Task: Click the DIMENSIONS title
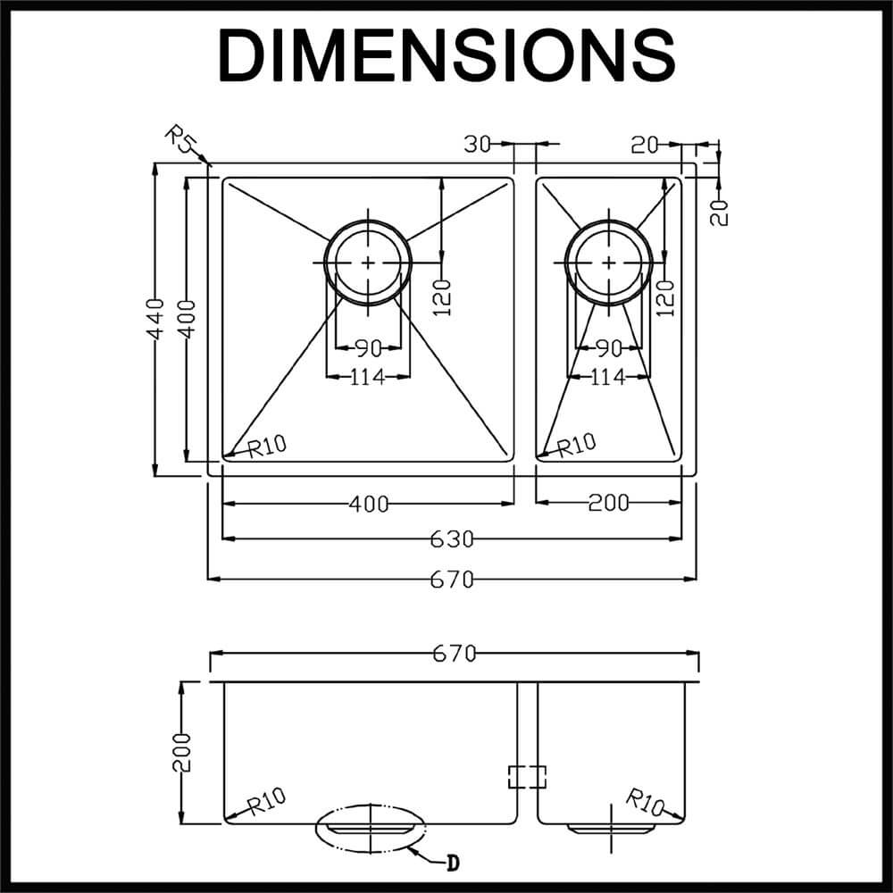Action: point(446,55)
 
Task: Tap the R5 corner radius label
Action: point(181,141)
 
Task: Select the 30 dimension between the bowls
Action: point(478,144)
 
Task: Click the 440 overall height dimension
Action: point(156,319)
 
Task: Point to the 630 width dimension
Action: point(451,539)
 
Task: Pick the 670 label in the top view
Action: point(451,580)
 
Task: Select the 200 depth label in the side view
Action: point(182,753)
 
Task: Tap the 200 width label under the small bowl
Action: point(608,504)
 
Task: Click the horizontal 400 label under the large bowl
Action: point(368,505)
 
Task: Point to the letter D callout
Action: point(453,863)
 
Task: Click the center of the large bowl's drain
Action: point(369,263)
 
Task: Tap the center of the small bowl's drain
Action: point(609,263)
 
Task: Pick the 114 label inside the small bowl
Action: point(608,378)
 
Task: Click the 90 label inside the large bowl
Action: point(369,348)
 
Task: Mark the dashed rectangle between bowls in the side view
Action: point(526,777)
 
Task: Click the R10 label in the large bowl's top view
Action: point(266,446)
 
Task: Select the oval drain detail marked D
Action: point(370,830)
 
